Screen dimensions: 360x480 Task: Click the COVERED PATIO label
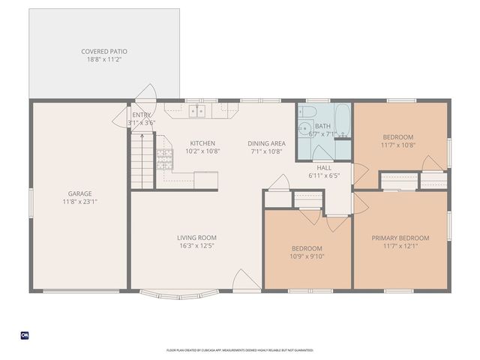104,52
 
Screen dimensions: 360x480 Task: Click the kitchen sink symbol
196,111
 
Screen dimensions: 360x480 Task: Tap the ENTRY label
141,115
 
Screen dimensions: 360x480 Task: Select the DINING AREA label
266,142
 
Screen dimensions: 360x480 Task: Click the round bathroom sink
305,128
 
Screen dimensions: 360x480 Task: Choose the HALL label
324,167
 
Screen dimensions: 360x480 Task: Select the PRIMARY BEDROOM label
400,238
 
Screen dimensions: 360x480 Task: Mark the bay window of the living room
180,294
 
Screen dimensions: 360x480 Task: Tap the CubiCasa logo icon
24,334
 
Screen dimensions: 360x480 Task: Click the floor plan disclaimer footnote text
240,350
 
